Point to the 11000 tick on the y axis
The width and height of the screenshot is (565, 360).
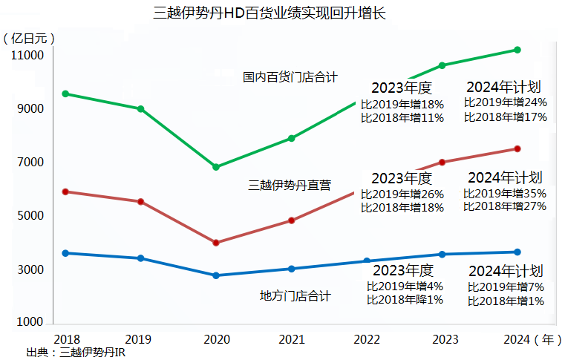point(27,56)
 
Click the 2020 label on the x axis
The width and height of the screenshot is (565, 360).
point(215,339)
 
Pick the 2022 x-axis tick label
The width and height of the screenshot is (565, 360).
point(368,339)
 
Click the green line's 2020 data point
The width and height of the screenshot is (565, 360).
point(215,167)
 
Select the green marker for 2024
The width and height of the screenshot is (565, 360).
point(517,50)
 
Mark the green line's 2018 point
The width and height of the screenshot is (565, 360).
point(65,94)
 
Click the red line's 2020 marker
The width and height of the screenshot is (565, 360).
point(215,243)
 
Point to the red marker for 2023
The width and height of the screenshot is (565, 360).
point(442,163)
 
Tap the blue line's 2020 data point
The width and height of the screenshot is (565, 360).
point(215,275)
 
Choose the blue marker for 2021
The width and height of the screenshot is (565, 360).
point(292,269)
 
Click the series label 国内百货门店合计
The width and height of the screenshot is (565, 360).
point(290,76)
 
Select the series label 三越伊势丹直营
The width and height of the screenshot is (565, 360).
point(290,186)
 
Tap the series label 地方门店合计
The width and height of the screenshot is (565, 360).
point(295,296)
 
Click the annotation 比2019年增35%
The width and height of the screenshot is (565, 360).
point(505,193)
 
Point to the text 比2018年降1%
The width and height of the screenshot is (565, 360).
point(405,300)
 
